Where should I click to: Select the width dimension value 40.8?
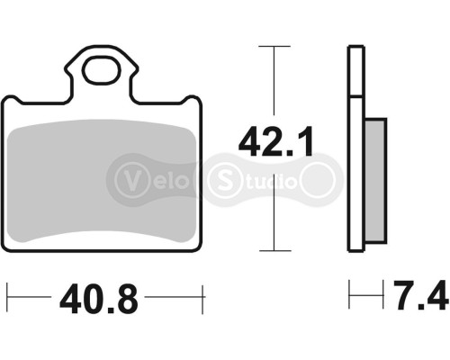pyautogui.click(x=99, y=297)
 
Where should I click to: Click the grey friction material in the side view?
pyautogui.click(x=376, y=180)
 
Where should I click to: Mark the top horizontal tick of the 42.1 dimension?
pyautogui.click(x=274, y=45)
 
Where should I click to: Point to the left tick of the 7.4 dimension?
pyautogui.click(x=350, y=295)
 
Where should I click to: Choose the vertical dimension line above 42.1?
pyautogui.click(x=274, y=81)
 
